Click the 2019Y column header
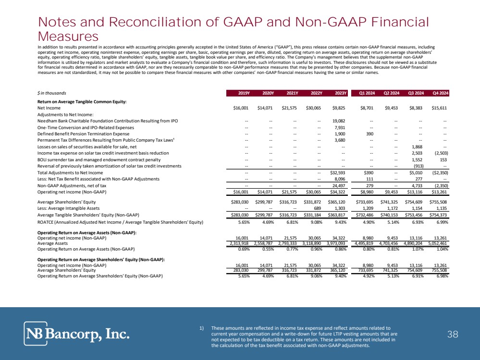coord(238,93)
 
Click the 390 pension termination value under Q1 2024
coord(370,134)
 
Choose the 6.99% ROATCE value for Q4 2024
coord(440,222)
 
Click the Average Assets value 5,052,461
coord(436,243)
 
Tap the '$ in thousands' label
coord(51,93)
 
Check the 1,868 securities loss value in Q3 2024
coord(417,146)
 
